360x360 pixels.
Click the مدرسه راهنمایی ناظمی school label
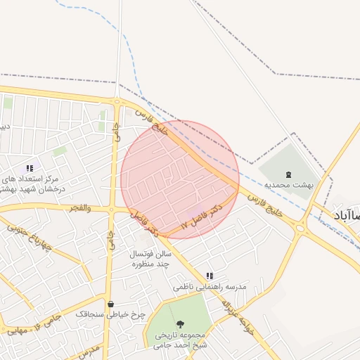coord(210,288)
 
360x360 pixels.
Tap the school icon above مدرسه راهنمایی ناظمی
coord(210,276)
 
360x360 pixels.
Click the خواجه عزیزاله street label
coord(237,316)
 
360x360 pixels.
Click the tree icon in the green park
coord(181,324)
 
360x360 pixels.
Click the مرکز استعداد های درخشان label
coord(32,184)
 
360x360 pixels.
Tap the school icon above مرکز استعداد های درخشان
coord(30,168)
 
